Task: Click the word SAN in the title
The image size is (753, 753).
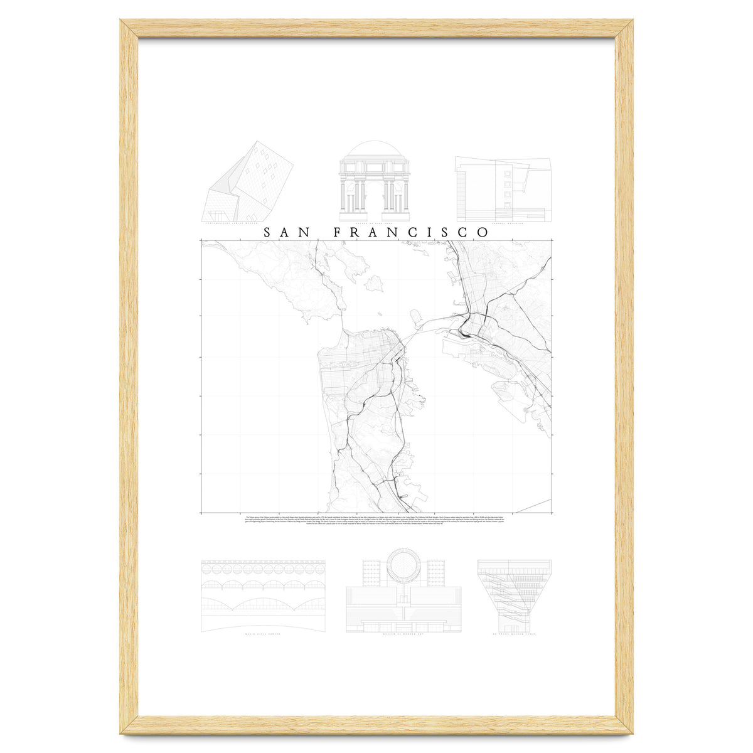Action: (287, 232)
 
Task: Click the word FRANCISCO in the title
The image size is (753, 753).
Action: (411, 232)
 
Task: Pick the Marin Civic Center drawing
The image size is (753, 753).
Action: (264, 596)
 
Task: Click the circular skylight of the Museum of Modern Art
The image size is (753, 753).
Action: (404, 567)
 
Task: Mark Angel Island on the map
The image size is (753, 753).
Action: (375, 284)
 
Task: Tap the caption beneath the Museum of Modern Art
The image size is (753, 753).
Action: (403, 634)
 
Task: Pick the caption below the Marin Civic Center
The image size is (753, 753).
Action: (264, 634)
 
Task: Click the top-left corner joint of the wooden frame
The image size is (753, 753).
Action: (129, 28)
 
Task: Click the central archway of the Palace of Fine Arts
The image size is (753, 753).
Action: (374, 198)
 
